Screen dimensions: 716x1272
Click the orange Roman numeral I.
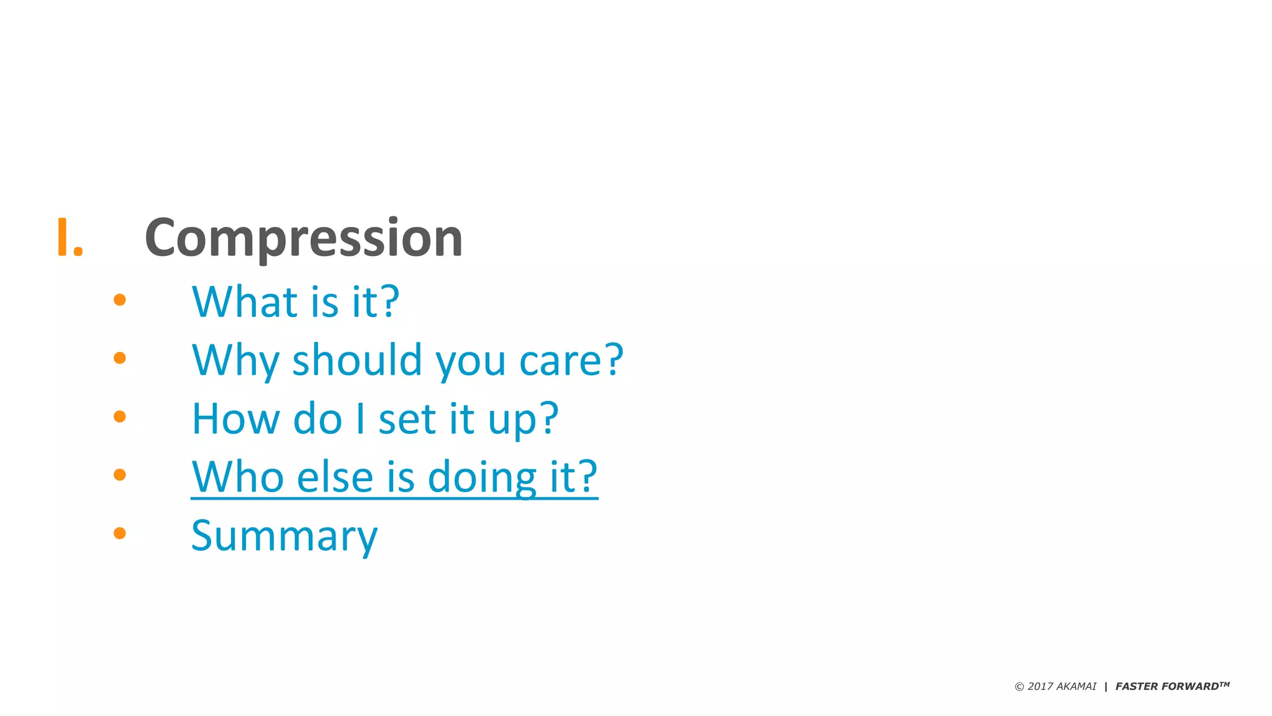coord(69,237)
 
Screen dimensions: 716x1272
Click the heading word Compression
coord(304,238)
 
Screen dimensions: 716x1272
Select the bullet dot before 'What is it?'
coord(120,300)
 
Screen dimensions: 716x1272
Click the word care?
coord(571,360)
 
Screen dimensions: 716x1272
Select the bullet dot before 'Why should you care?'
coord(120,358)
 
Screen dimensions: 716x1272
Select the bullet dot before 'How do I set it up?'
coord(120,416)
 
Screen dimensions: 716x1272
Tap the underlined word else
coord(335,477)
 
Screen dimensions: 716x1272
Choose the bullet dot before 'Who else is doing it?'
coord(120,475)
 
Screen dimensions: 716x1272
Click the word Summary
coord(284,536)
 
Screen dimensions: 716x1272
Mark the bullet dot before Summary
coord(120,533)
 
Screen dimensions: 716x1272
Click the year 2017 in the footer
coord(1040,686)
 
